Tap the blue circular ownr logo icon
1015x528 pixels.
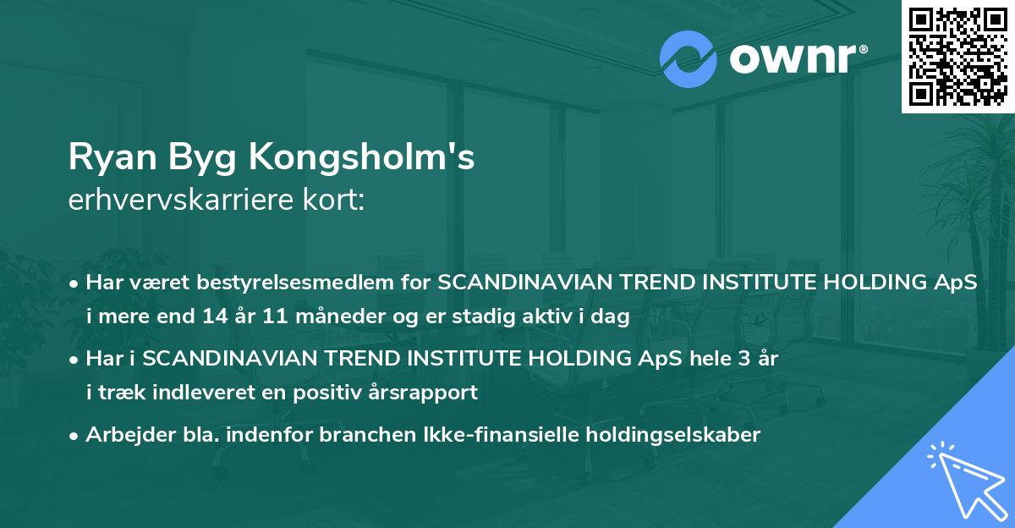tap(689, 58)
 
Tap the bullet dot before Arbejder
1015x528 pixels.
tap(74, 436)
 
